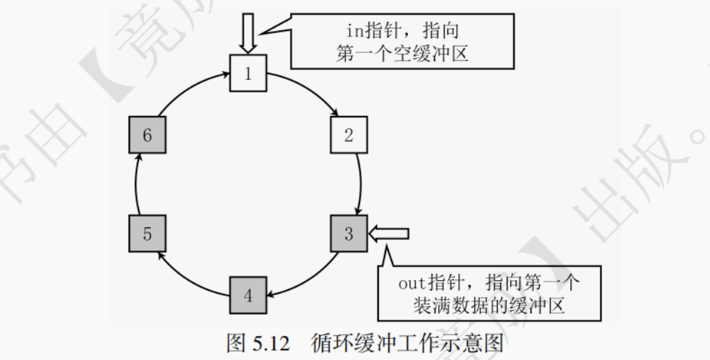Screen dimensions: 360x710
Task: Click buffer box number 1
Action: (x=248, y=74)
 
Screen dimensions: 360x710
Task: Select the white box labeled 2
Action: (x=349, y=135)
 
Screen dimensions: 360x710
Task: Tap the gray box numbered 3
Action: (x=349, y=234)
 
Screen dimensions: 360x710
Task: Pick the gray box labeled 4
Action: (x=248, y=295)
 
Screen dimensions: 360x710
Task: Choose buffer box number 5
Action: (x=147, y=234)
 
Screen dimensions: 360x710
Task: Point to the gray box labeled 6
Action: (x=147, y=135)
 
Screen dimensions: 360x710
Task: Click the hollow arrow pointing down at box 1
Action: (x=248, y=32)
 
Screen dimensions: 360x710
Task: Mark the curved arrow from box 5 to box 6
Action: (x=136, y=185)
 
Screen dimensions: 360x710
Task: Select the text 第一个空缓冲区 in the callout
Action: (x=402, y=54)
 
